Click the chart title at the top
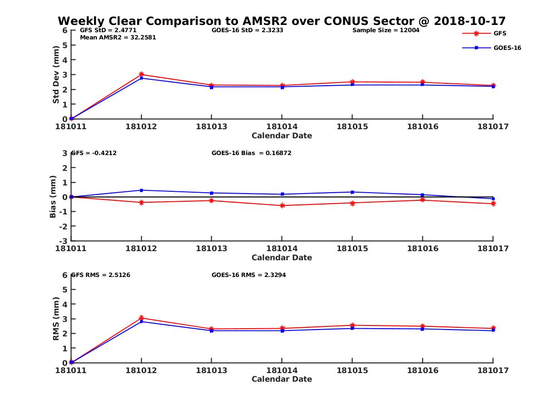point(282,21)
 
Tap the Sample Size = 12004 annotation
point(386,30)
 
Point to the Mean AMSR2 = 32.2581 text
point(118,38)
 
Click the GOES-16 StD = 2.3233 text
point(248,30)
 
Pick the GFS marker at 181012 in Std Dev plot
point(142,74)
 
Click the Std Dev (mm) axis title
point(56,75)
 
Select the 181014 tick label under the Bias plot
point(282,248)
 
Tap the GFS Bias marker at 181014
point(282,205)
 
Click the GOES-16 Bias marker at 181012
point(142,190)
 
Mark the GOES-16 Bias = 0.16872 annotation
point(251,153)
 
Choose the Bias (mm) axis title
point(53,197)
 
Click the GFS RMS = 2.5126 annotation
point(101,275)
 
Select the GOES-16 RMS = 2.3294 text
point(248,275)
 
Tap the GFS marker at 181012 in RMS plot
point(142,318)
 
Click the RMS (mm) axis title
point(56,318)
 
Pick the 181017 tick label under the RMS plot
point(493,370)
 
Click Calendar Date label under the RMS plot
point(282,379)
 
